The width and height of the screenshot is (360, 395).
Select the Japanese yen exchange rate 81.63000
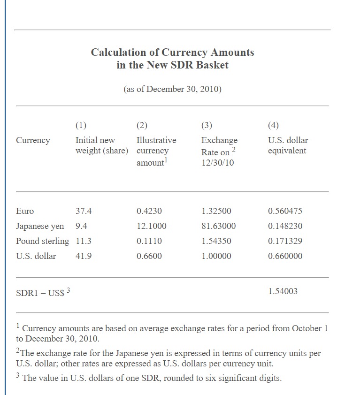point(218,226)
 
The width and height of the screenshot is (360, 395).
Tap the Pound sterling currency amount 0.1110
point(149,241)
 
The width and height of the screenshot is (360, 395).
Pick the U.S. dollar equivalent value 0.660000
point(285,256)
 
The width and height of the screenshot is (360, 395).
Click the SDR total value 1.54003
point(283,291)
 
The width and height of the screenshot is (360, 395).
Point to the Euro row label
point(25,211)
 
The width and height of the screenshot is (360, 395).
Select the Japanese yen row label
point(40,226)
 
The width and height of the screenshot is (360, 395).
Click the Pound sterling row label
point(42,241)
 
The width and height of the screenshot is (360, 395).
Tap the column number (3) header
point(207,125)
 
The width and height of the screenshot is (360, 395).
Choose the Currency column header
point(33,140)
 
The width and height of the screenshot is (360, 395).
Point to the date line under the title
point(172,89)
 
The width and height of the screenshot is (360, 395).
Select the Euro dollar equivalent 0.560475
point(285,211)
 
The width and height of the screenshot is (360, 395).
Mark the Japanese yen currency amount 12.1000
point(151,226)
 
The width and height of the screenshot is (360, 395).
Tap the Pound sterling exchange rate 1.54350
point(216,241)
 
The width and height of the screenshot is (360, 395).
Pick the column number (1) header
point(81,125)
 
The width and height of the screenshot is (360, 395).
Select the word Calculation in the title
point(118,52)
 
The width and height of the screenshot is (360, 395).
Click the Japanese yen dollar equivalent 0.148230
point(285,226)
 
